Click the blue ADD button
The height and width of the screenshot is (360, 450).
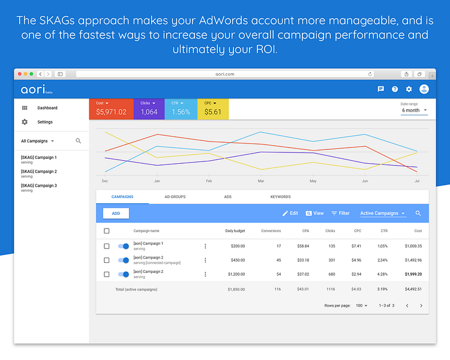(x=116, y=213)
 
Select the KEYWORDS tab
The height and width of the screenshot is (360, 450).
(x=280, y=197)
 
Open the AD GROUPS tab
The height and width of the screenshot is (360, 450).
(x=175, y=197)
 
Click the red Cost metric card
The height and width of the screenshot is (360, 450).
(x=111, y=109)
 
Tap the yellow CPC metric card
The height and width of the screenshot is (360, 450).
(x=212, y=109)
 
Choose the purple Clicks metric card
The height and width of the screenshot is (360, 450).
(x=150, y=109)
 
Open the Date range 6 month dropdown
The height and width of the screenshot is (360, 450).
(x=415, y=110)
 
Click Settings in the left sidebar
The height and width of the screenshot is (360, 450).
(x=45, y=122)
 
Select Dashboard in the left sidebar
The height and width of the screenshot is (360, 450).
(x=47, y=108)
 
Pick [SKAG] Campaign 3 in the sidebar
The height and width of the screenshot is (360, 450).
(x=38, y=186)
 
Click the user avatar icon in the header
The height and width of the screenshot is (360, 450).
(x=424, y=89)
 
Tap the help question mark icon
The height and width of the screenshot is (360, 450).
(x=395, y=89)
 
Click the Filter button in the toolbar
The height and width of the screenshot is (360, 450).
(x=340, y=213)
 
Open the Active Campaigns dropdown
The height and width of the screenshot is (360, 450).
(x=383, y=213)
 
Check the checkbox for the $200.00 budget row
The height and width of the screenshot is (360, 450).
(x=107, y=246)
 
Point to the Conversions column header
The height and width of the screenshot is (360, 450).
(x=271, y=231)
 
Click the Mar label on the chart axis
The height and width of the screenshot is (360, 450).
(x=261, y=181)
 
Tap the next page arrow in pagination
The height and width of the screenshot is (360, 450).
(x=421, y=305)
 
